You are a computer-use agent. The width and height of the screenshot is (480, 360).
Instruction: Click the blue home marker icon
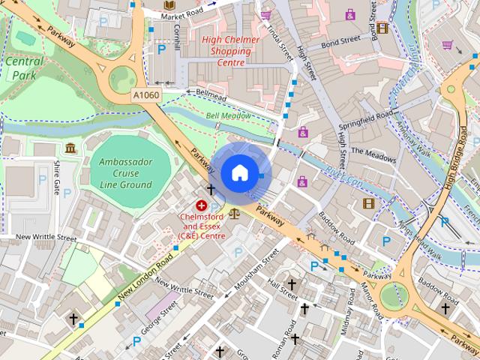(x=238, y=173)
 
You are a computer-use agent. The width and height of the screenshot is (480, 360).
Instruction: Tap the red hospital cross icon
(x=201, y=205)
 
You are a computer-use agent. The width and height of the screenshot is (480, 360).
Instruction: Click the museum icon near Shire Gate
(x=70, y=148)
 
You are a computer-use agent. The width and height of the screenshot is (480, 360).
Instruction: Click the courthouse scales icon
(x=234, y=213)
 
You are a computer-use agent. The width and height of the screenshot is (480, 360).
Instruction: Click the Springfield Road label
(x=365, y=118)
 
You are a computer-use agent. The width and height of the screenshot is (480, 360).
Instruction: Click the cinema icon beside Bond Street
(x=383, y=28)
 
